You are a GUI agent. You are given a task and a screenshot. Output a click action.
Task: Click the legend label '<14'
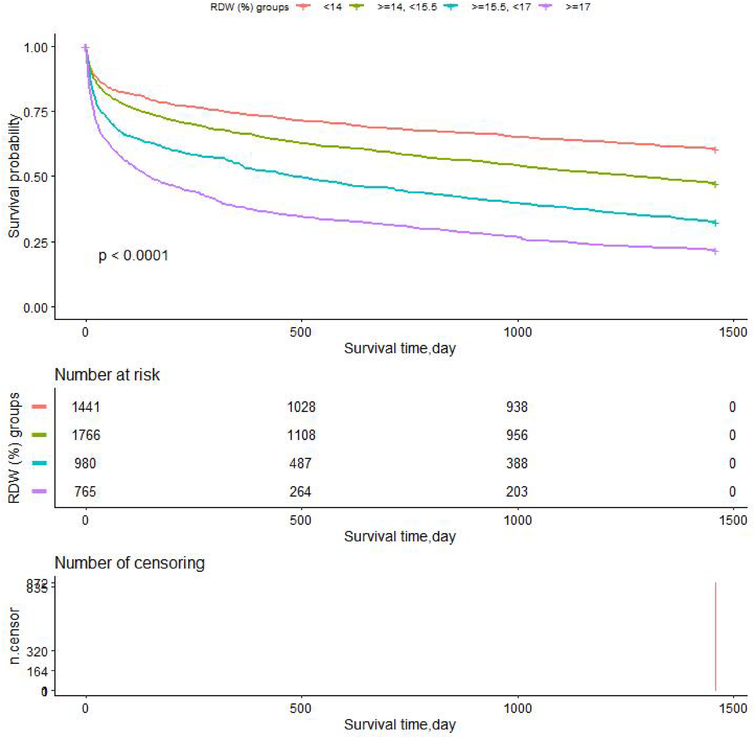332,7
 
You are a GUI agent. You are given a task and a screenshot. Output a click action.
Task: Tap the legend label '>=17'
578,7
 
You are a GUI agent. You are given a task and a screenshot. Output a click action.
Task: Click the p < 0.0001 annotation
133,255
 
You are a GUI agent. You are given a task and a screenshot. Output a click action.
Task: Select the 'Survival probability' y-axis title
14,176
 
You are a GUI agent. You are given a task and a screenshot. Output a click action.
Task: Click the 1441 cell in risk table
85,407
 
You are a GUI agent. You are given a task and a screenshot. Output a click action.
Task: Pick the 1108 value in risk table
301,435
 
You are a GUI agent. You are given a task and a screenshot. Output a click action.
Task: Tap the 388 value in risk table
517,463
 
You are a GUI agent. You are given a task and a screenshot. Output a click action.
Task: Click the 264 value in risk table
300,491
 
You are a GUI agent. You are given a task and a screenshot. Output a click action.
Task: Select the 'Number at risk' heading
107,374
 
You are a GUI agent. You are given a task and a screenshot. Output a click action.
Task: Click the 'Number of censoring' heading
129,563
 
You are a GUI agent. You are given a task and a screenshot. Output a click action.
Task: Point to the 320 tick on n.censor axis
37,651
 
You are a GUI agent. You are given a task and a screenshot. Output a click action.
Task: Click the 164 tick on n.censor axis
37,671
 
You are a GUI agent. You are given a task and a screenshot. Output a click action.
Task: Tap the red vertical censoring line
715,638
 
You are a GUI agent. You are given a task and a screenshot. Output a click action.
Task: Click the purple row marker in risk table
39,491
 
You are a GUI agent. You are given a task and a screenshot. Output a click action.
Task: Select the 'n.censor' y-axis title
14,636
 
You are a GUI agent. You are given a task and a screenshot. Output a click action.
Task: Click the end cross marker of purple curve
715,251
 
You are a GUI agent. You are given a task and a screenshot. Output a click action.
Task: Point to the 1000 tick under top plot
517,332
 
